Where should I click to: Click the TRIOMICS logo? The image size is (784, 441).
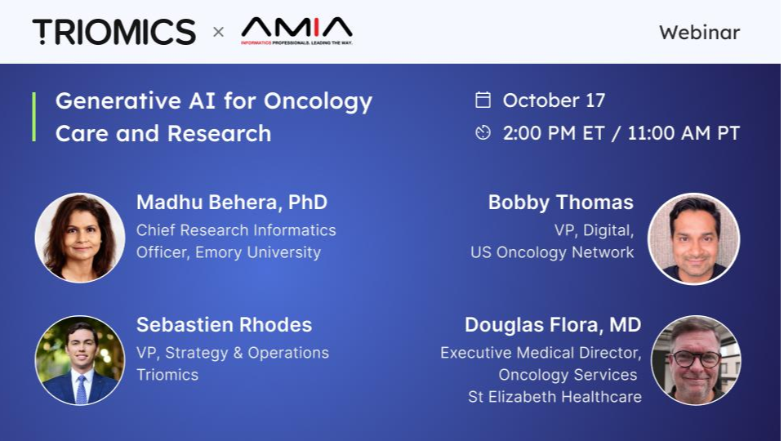coord(114,32)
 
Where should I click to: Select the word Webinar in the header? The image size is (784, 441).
coord(699,33)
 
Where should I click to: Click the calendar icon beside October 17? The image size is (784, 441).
coord(483,100)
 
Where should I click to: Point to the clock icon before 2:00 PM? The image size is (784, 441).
coord(483,133)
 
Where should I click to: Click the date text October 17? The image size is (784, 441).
coord(554,100)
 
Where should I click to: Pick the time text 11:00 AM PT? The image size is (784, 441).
coord(684,133)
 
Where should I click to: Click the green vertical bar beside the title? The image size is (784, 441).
coord(34,117)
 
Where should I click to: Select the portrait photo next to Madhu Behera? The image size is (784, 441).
coord(80,238)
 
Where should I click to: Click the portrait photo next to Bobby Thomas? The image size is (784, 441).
coord(693,238)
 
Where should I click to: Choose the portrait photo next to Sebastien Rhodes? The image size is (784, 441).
coord(80,360)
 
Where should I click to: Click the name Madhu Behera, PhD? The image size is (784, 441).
coord(232,203)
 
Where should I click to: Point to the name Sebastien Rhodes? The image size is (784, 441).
coord(224,325)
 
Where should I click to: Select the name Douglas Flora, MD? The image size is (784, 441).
coord(553,325)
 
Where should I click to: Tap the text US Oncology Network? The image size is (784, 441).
coord(552,252)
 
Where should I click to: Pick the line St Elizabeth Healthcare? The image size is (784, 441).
coord(555,397)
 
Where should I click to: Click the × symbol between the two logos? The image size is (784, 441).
coord(218,33)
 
